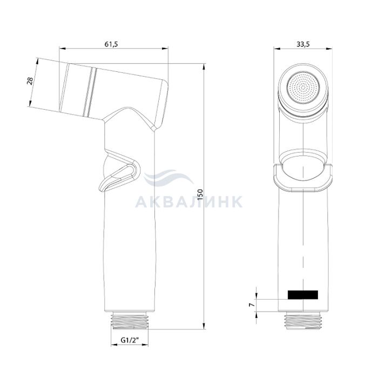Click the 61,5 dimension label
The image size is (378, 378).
pyautogui.click(x=111, y=44)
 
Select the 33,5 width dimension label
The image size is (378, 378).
pyautogui.click(x=303, y=44)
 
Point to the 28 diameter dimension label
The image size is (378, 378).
pyautogui.click(x=30, y=82)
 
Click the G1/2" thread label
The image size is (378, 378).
pyautogui.click(x=130, y=340)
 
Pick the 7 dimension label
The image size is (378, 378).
pyautogui.click(x=252, y=305)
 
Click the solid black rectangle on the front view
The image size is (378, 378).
pyautogui.click(x=303, y=295)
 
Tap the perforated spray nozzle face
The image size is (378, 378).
pyautogui.click(x=303, y=87)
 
